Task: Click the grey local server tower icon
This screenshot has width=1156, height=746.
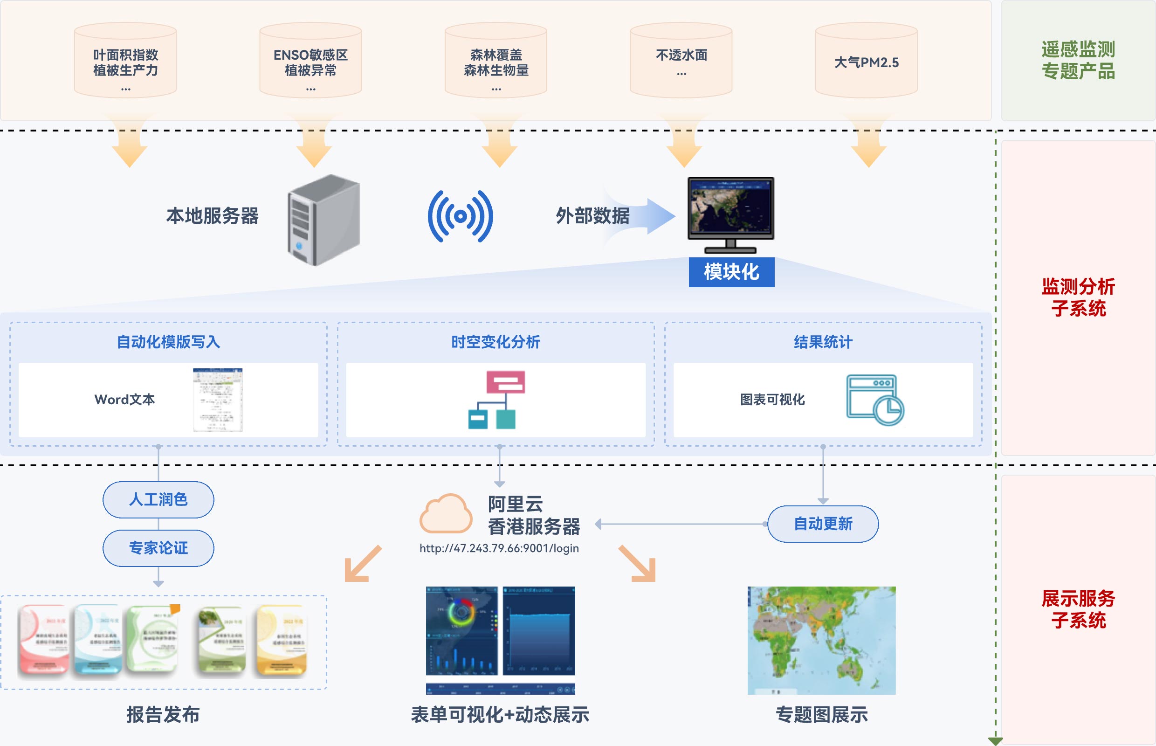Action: point(323,221)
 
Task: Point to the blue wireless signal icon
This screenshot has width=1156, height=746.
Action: point(460,216)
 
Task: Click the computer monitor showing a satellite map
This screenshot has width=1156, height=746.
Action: point(731,213)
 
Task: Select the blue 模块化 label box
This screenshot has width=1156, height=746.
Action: point(731,272)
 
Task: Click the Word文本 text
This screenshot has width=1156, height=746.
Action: point(124,400)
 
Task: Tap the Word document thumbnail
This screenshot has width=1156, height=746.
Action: point(217,400)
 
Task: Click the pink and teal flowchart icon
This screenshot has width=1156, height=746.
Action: point(496,400)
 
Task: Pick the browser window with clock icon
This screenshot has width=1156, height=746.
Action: point(874,400)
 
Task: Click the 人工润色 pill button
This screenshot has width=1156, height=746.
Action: point(158,499)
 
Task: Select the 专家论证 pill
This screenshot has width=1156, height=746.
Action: point(158,548)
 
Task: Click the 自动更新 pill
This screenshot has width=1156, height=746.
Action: point(823,524)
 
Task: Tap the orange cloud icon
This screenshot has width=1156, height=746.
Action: point(446,514)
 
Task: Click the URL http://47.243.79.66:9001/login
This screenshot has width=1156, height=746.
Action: point(499,548)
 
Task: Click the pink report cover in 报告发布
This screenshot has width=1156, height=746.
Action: point(44,640)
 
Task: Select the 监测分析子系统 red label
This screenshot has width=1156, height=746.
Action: point(1078,297)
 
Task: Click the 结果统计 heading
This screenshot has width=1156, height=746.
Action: point(823,342)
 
